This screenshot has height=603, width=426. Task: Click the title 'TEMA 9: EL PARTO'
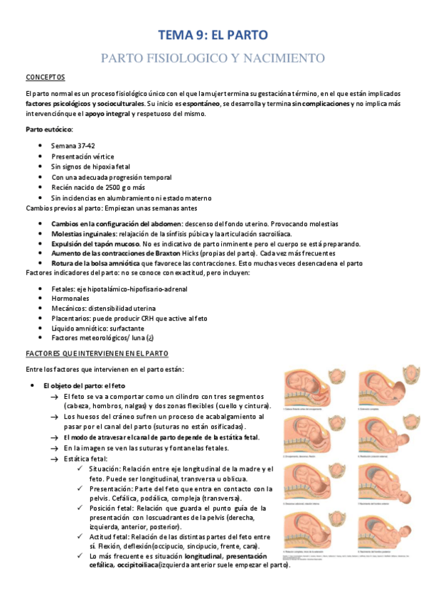213,34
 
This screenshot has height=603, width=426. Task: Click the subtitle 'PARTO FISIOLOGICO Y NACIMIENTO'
213,58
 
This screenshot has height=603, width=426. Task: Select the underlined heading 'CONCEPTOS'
45,77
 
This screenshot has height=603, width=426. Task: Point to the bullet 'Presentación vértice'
82,156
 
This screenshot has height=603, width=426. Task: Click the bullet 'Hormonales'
71,299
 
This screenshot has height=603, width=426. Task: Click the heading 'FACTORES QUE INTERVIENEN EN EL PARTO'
97,353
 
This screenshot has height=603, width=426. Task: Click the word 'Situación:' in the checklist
106,469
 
